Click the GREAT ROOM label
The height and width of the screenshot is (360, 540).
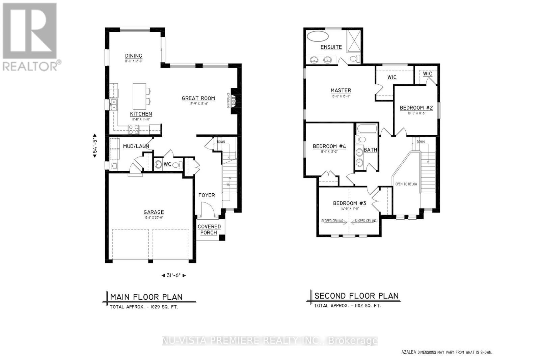(x=198, y=99)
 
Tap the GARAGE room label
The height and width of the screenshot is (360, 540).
(x=154, y=212)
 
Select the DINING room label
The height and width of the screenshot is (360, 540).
(x=133, y=56)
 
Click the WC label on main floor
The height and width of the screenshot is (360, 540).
(x=167, y=164)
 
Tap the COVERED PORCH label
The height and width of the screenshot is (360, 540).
(x=209, y=229)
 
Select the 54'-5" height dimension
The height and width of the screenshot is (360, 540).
(x=95, y=144)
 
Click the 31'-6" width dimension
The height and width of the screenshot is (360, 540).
(x=173, y=275)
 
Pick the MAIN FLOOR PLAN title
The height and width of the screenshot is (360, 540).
(x=146, y=297)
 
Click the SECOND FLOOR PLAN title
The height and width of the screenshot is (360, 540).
(x=356, y=296)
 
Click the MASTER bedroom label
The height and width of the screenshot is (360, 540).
(x=341, y=90)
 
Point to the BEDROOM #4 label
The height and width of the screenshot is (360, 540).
(x=329, y=146)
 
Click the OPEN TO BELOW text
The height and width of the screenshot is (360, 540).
(x=406, y=184)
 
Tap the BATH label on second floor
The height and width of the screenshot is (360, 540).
(x=370, y=150)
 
